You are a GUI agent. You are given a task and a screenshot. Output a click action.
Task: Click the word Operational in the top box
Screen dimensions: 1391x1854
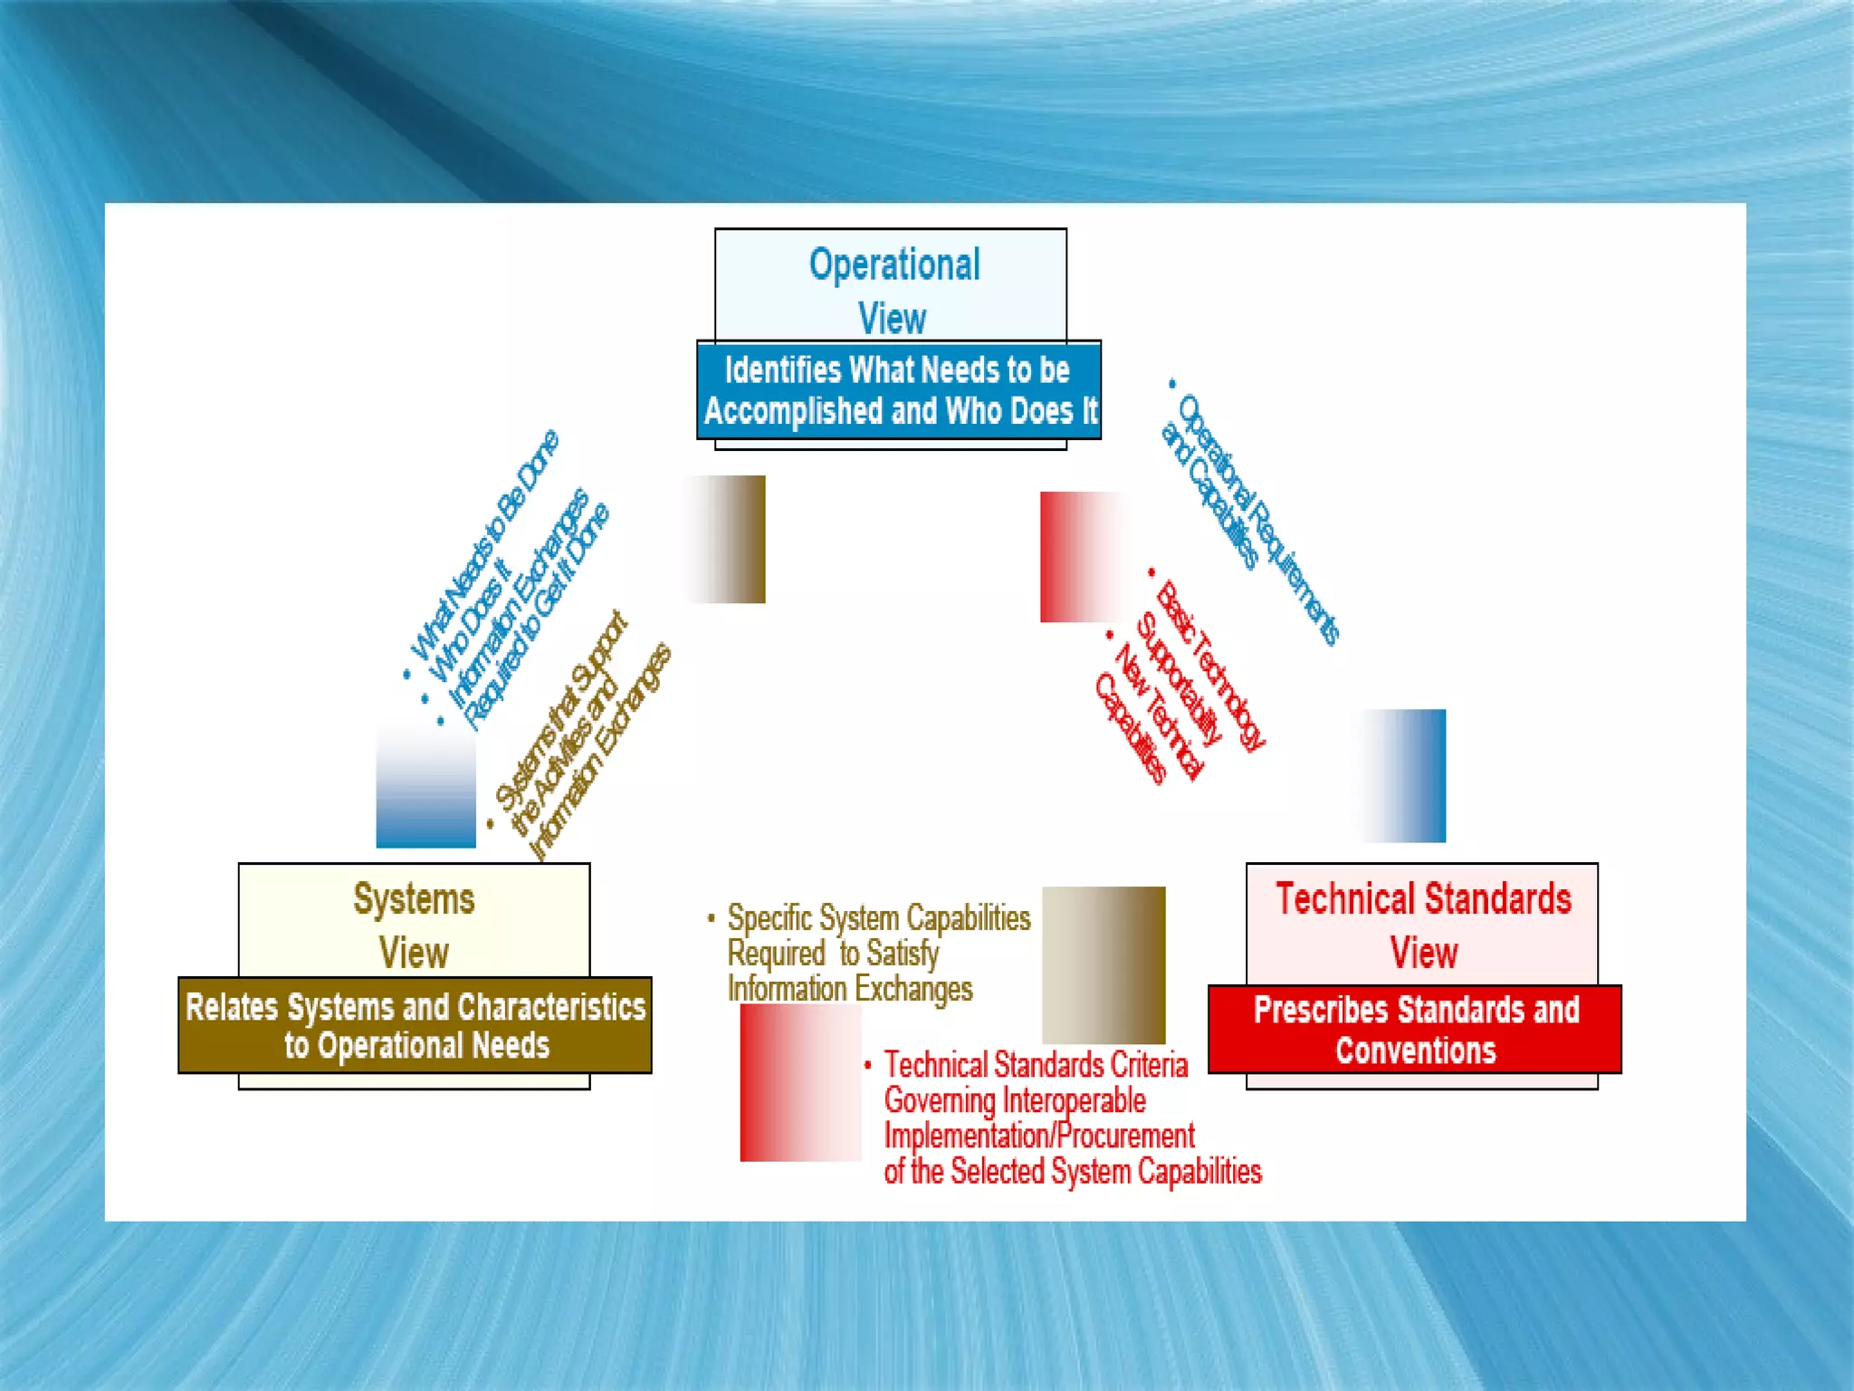(x=894, y=264)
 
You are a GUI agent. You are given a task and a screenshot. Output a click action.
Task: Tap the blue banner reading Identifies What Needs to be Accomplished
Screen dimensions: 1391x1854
(x=898, y=390)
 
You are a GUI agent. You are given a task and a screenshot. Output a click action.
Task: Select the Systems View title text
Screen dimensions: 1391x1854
(x=414, y=925)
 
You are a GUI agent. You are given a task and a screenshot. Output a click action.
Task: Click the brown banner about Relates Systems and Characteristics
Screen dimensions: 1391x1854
(x=416, y=1025)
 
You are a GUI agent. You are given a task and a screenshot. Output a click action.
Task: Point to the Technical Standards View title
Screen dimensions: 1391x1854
(x=1423, y=925)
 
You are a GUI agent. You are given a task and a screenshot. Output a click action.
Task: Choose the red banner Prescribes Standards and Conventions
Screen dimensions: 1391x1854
(x=1415, y=1030)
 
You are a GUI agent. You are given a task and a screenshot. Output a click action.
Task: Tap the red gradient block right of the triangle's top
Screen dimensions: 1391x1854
(x=1081, y=557)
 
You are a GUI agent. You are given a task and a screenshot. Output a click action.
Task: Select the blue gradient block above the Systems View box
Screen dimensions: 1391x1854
(x=426, y=783)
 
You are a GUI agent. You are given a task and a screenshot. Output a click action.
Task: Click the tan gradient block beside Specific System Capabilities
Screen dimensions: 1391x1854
(x=1104, y=964)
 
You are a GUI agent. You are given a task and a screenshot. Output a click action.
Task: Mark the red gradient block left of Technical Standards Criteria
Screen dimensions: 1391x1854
(x=800, y=1083)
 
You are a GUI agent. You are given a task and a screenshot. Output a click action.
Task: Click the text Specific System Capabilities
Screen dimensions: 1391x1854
(x=879, y=918)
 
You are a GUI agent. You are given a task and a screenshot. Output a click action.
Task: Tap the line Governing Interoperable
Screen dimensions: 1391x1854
(x=1015, y=1100)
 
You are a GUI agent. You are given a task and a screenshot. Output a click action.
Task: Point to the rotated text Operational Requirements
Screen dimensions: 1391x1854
(x=1259, y=520)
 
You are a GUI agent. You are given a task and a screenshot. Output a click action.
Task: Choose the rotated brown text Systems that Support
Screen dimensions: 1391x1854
(x=561, y=711)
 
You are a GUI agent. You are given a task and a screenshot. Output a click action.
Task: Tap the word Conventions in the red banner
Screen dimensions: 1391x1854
(x=1415, y=1050)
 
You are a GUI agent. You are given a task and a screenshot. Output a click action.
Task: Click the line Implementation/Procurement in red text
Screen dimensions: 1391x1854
(x=1039, y=1136)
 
